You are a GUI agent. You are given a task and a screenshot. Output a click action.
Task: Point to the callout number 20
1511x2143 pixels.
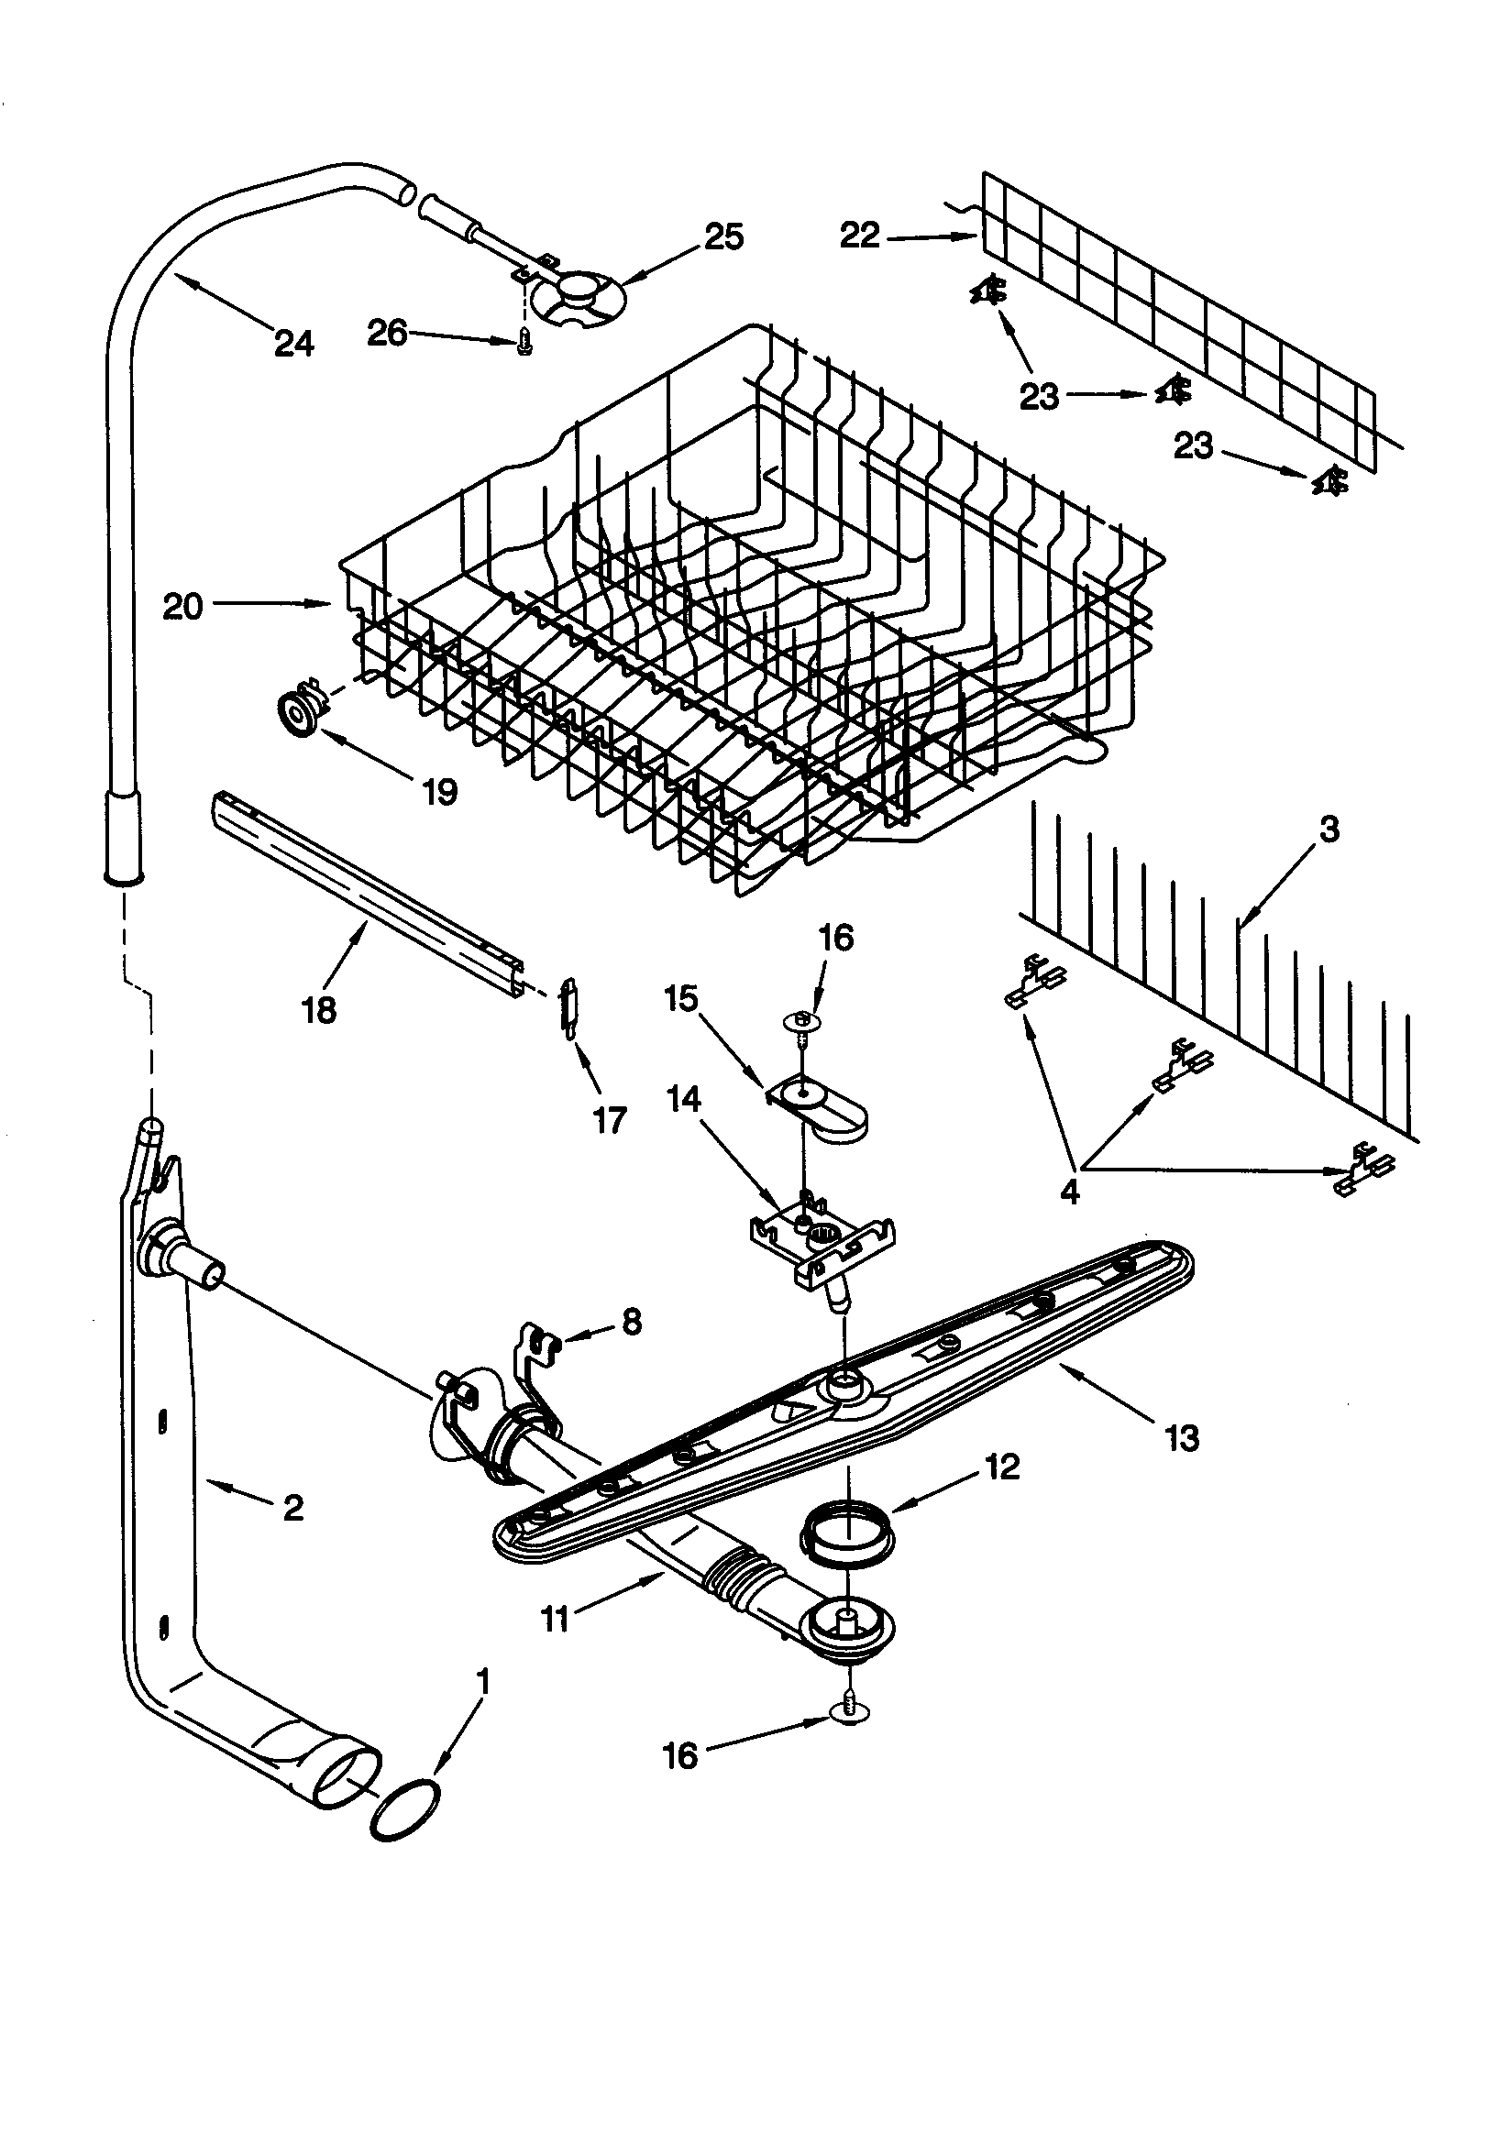(183, 607)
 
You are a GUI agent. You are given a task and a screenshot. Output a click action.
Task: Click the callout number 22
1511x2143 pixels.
(859, 236)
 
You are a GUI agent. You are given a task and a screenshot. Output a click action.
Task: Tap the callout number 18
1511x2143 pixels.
(319, 1010)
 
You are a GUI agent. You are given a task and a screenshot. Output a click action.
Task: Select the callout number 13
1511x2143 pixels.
(1181, 1438)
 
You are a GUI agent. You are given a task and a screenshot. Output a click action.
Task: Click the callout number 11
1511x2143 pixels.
(555, 1620)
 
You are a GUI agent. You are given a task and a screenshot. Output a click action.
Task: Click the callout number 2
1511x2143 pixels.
(292, 1508)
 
